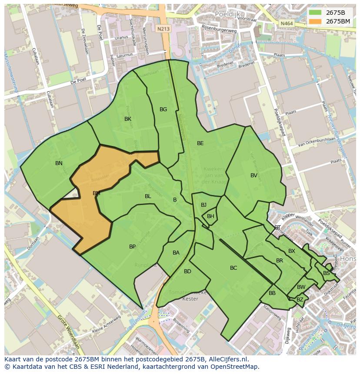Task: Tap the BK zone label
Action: point(128,119)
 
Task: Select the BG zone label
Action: point(163,109)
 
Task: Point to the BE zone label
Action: point(200,143)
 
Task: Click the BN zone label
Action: point(59,163)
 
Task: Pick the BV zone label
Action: point(254,175)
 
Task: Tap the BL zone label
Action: point(148,196)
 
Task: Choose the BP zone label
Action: point(132,247)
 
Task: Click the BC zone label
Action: point(233,268)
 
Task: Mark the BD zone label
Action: point(187,271)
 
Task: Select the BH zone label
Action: point(210,216)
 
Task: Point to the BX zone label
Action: point(292,251)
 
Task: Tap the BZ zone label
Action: point(300,300)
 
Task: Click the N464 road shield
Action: point(286,23)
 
